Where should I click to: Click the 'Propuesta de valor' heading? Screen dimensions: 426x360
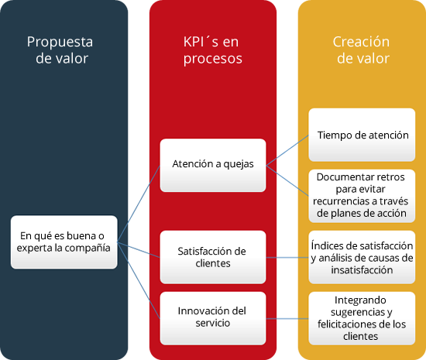[x=60, y=50]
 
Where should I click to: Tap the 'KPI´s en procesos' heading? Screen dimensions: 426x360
[x=212, y=50]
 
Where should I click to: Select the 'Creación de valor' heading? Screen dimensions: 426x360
[x=362, y=50]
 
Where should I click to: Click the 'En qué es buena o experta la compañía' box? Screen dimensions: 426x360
[x=64, y=242]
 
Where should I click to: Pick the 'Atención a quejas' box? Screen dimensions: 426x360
[x=213, y=166]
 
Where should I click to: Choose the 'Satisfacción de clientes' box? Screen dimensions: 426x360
[x=213, y=257]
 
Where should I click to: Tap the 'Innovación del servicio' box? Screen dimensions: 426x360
[x=213, y=318]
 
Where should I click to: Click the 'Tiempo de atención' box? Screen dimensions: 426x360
[x=362, y=135]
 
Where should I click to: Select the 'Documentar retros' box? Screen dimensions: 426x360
[x=362, y=196]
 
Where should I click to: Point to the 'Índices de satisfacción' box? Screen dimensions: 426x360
[x=362, y=257]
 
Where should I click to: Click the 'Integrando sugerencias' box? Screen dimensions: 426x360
[x=362, y=318]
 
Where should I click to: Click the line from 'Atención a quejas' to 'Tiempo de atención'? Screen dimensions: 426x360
[x=287, y=150]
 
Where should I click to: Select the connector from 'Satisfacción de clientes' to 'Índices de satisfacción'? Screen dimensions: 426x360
[x=287, y=257]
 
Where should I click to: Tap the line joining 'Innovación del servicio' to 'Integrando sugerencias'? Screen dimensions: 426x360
[x=287, y=318]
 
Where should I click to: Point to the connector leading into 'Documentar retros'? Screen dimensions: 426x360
[x=287, y=180]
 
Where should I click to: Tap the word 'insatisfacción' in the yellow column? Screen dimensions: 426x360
[x=362, y=270]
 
